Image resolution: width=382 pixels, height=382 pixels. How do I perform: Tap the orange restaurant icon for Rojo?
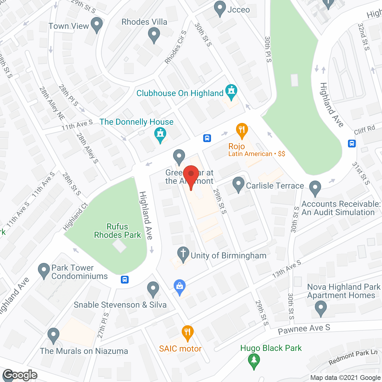click(x=242, y=131)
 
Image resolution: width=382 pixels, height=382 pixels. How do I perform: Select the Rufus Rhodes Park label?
click(x=117, y=231)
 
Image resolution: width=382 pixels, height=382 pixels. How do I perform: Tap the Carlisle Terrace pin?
click(x=238, y=184)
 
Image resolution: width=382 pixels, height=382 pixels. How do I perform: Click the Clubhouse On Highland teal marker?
click(x=231, y=92)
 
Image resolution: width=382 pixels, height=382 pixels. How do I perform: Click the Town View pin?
click(x=96, y=25)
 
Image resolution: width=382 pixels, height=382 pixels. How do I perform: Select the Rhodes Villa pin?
click(x=154, y=35)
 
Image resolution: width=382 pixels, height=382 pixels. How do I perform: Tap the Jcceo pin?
click(x=220, y=9)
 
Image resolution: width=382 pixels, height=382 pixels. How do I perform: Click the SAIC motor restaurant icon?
click(x=187, y=333)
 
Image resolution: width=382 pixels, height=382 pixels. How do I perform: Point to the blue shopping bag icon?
click(x=180, y=287)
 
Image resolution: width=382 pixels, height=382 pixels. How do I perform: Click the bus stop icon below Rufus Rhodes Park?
click(x=125, y=280)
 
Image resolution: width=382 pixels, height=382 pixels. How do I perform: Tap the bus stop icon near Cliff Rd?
click(x=352, y=144)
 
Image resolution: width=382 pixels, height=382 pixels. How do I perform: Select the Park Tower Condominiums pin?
click(x=44, y=271)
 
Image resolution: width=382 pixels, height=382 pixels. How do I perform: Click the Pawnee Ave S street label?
click(x=304, y=329)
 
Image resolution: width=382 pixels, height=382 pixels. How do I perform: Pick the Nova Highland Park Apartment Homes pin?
click(x=321, y=308)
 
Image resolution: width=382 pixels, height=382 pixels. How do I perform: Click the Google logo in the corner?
click(x=20, y=375)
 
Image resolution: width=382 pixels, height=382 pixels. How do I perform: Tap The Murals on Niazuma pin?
click(x=53, y=335)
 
